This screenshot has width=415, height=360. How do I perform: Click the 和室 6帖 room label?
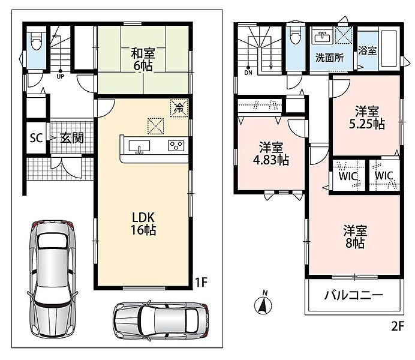[143, 59]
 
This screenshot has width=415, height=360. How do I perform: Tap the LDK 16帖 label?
[143, 224]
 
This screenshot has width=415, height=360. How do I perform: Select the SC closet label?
[36, 138]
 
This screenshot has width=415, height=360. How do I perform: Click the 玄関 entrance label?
[72, 138]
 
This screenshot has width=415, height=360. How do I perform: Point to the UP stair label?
[61, 77]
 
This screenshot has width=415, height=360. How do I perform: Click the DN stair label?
[248, 73]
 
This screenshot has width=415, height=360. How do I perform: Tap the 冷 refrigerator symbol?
[179, 107]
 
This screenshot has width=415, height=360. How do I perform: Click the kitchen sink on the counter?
[139, 146]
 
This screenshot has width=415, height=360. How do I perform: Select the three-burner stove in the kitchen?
[176, 146]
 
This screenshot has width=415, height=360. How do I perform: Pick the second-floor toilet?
[295, 36]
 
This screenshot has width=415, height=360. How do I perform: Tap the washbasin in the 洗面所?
[322, 37]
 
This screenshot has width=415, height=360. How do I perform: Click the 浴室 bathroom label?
[368, 50]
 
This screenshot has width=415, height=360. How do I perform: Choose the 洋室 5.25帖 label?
[367, 118]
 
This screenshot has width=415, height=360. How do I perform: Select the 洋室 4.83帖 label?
[270, 154]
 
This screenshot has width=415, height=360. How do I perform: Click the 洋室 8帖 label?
[355, 237]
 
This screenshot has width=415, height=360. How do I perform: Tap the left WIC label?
[348, 176]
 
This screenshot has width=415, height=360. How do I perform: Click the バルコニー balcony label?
[354, 295]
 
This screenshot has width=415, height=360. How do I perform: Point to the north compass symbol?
[263, 304]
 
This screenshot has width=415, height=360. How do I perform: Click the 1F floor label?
[201, 282]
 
